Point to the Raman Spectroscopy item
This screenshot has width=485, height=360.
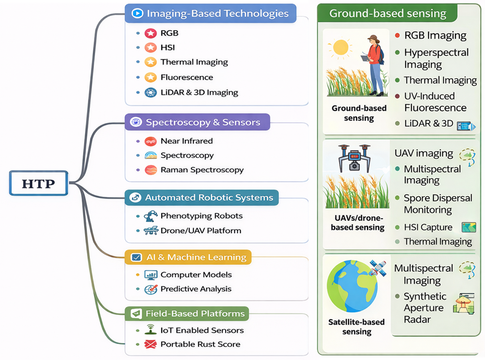point(202,170)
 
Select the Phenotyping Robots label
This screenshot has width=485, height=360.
point(201,216)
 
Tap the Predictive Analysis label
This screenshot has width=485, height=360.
point(196,289)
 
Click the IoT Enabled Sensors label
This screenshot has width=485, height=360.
point(202,331)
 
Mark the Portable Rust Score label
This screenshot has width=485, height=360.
point(200,345)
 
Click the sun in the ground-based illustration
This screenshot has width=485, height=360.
point(340,47)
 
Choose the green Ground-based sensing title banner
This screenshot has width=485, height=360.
point(387,13)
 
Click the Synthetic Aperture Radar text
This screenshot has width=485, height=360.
point(425,308)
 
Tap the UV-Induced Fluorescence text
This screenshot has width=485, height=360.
point(435,101)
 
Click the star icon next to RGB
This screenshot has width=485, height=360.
point(151,33)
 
